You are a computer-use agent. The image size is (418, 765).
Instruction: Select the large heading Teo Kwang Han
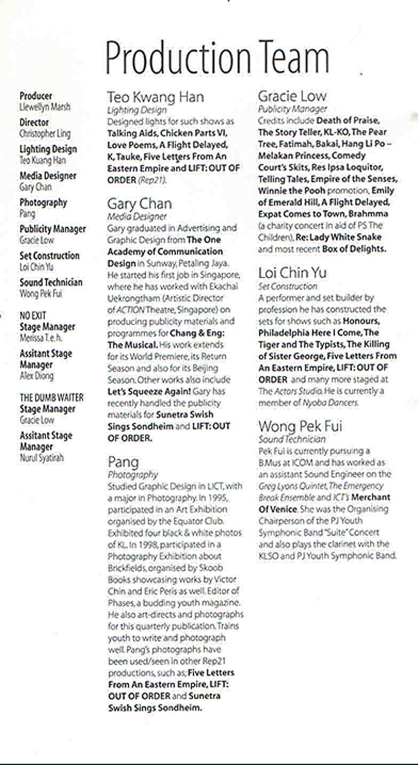click(155, 97)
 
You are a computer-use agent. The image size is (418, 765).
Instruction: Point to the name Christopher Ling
click(45, 134)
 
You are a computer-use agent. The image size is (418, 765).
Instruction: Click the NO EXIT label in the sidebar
click(33, 315)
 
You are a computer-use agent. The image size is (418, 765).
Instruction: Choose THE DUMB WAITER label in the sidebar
click(52, 397)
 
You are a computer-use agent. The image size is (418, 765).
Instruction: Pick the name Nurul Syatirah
click(41, 458)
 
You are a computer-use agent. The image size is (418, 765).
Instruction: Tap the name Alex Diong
click(36, 376)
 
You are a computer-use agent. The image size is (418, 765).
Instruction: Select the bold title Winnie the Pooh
click(291, 190)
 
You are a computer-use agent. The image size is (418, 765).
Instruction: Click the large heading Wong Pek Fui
click(300, 426)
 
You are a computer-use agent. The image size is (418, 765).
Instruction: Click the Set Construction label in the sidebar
click(50, 256)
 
